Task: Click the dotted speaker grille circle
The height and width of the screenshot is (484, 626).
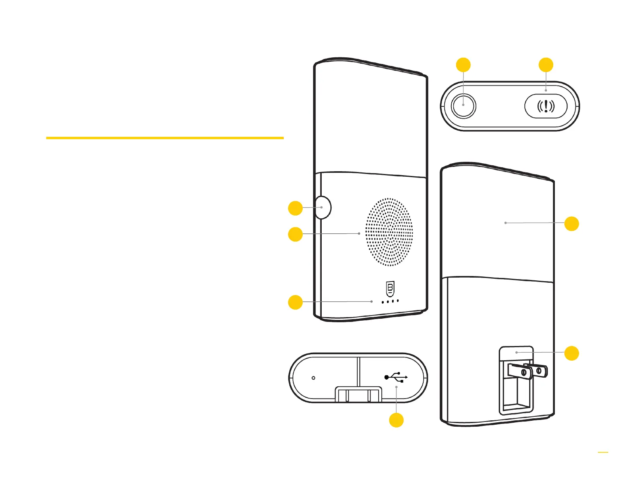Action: point(389,232)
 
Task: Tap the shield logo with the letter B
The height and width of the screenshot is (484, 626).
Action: point(390,289)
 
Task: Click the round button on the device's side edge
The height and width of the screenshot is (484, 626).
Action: point(323,207)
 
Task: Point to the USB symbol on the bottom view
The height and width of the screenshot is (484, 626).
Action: point(396,377)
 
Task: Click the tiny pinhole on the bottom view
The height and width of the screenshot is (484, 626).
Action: point(313,378)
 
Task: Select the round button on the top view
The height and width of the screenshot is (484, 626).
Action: point(463,106)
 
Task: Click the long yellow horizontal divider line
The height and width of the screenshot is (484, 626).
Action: point(165,138)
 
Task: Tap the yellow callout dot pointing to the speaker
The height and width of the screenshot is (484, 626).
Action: point(295,234)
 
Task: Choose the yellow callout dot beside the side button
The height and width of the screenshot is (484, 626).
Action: point(295,208)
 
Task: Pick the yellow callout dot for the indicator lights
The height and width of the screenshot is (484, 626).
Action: point(295,302)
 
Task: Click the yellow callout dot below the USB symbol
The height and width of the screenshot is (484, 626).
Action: point(396,420)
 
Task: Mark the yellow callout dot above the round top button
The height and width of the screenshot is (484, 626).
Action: point(463,65)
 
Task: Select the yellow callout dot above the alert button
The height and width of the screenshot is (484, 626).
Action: point(546,65)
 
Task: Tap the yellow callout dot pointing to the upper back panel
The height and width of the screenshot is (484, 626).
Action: point(571,223)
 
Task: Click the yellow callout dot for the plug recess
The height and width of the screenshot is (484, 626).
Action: point(571,353)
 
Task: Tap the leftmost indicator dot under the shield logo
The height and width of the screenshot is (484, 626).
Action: point(383,302)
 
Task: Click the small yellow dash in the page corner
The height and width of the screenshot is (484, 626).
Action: point(603,452)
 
